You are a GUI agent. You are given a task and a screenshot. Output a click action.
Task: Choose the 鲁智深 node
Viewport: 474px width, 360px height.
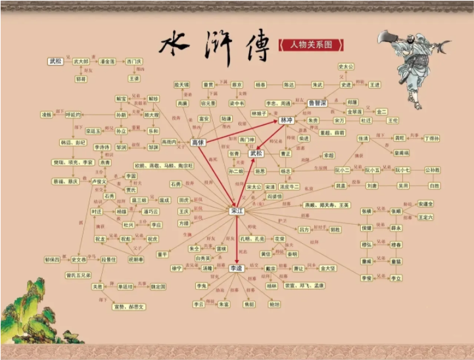click(318, 103)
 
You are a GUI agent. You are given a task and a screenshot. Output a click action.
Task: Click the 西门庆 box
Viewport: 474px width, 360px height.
click(134, 61)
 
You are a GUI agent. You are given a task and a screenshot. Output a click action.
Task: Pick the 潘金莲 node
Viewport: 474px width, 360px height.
click(107, 61)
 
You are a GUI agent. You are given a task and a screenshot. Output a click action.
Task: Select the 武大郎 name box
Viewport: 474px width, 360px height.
click(81, 61)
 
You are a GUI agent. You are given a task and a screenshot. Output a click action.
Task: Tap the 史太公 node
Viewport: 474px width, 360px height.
click(346, 67)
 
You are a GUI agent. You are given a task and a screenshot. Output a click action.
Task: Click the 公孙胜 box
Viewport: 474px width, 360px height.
click(432, 169)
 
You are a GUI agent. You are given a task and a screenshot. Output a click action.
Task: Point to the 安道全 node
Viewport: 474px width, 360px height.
click(425, 204)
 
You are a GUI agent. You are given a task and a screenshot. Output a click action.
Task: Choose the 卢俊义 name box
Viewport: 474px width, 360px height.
click(99, 181)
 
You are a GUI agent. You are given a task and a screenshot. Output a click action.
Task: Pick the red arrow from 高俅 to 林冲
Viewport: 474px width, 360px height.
click(242, 131)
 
